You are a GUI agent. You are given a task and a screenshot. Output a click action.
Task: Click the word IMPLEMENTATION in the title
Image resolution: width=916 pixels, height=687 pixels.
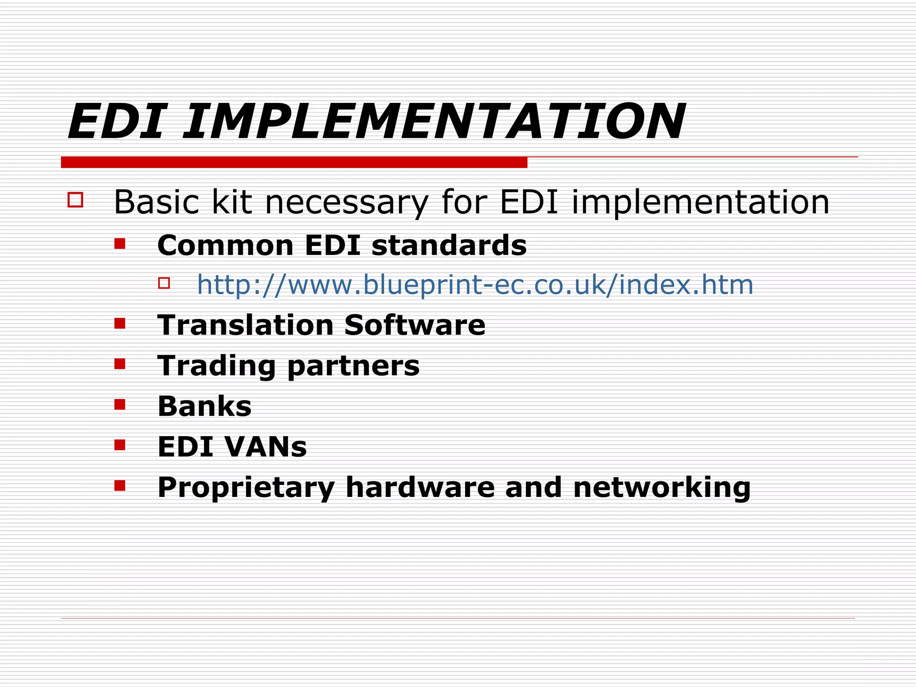(434, 122)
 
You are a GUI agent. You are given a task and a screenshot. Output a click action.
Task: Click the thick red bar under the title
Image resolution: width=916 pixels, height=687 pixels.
(294, 162)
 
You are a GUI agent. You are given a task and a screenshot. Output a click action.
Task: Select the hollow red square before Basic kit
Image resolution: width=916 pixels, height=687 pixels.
(75, 199)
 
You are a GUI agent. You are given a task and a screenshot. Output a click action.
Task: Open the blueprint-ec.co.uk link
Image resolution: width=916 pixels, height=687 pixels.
(475, 285)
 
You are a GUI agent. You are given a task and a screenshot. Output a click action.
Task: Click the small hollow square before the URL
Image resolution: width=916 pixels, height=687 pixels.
(164, 283)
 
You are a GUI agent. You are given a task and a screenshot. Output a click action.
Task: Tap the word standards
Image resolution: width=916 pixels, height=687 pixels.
(449, 246)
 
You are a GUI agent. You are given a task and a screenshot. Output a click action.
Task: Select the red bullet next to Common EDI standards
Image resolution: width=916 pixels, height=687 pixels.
(119, 244)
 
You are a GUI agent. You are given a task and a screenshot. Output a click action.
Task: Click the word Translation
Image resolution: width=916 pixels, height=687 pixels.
(246, 325)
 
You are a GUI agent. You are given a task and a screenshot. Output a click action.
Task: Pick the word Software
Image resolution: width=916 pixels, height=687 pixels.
(415, 325)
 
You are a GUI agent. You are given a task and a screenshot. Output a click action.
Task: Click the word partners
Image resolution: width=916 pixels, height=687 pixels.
(353, 366)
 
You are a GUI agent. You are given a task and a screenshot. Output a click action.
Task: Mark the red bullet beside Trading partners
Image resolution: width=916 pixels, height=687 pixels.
(119, 364)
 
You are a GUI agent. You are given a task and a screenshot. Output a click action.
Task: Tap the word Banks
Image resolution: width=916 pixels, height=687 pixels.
(204, 406)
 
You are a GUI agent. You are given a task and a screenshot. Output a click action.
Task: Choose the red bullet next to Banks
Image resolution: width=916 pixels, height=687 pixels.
(119, 405)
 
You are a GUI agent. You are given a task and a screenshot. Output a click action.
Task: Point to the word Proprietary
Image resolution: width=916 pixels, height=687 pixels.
(246, 488)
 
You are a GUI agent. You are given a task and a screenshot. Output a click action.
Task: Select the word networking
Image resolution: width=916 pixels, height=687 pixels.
(662, 488)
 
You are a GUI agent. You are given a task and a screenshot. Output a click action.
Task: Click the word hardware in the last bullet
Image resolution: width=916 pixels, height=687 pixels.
(420, 487)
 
